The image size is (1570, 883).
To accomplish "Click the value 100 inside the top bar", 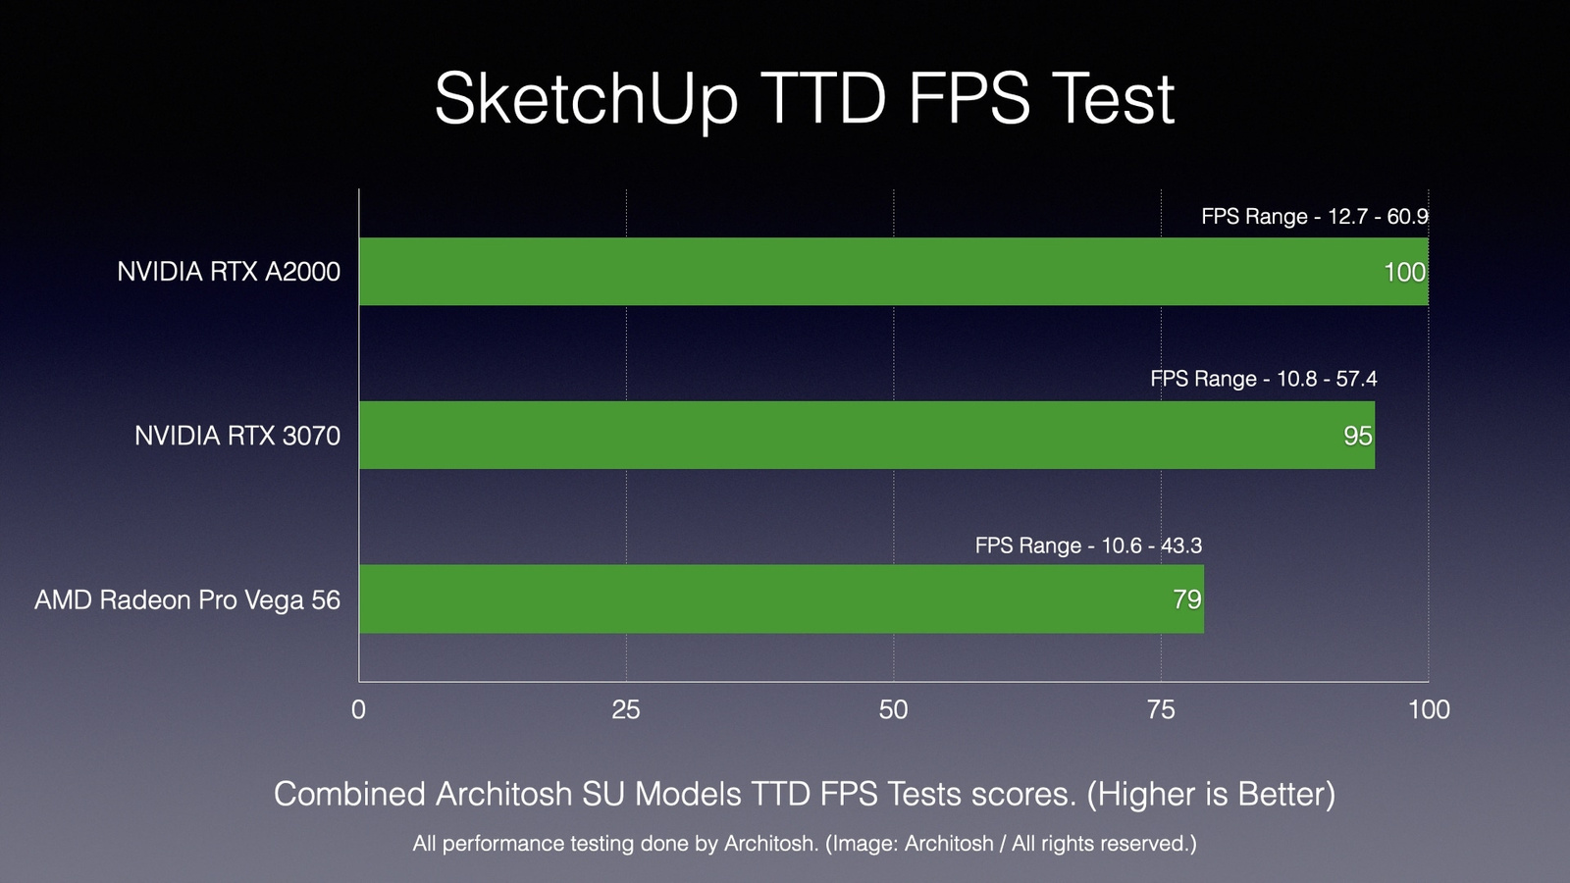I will (x=1404, y=273).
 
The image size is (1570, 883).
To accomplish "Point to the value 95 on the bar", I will (x=1357, y=436).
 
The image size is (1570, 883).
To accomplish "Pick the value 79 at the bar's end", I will (x=1187, y=599).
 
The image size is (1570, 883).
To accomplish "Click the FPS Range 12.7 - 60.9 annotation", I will (x=1314, y=217).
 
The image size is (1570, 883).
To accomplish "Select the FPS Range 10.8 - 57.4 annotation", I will (x=1263, y=379).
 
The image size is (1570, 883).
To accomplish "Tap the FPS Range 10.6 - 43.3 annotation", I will (x=1088, y=545).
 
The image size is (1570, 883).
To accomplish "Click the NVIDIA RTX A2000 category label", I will (x=229, y=272).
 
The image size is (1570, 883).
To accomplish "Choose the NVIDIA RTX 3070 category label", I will (x=237, y=436).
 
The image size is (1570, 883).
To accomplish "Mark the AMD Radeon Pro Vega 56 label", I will (x=187, y=599).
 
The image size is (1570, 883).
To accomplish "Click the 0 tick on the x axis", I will (x=358, y=709).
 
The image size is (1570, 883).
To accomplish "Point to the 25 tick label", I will (x=626, y=709).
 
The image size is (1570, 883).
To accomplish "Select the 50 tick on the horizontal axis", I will (x=893, y=709).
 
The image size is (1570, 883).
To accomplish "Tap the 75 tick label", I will (x=1161, y=709).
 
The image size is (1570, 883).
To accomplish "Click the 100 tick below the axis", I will (x=1429, y=709).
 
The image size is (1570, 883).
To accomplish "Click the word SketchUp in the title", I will (x=586, y=99).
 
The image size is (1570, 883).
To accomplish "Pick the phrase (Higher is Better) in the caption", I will (x=1211, y=794).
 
